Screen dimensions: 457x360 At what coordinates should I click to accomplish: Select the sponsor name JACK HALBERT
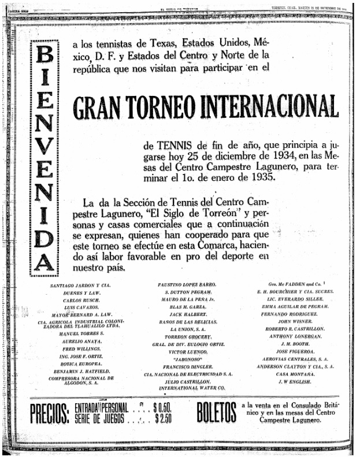point(187,314)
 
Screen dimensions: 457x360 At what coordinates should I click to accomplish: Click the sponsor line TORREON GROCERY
point(187,336)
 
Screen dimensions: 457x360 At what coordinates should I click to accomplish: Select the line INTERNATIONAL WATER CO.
point(187,388)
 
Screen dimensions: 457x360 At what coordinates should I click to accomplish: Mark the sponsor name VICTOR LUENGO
point(187,351)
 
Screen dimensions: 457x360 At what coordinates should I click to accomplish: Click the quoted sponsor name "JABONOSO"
point(187,358)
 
